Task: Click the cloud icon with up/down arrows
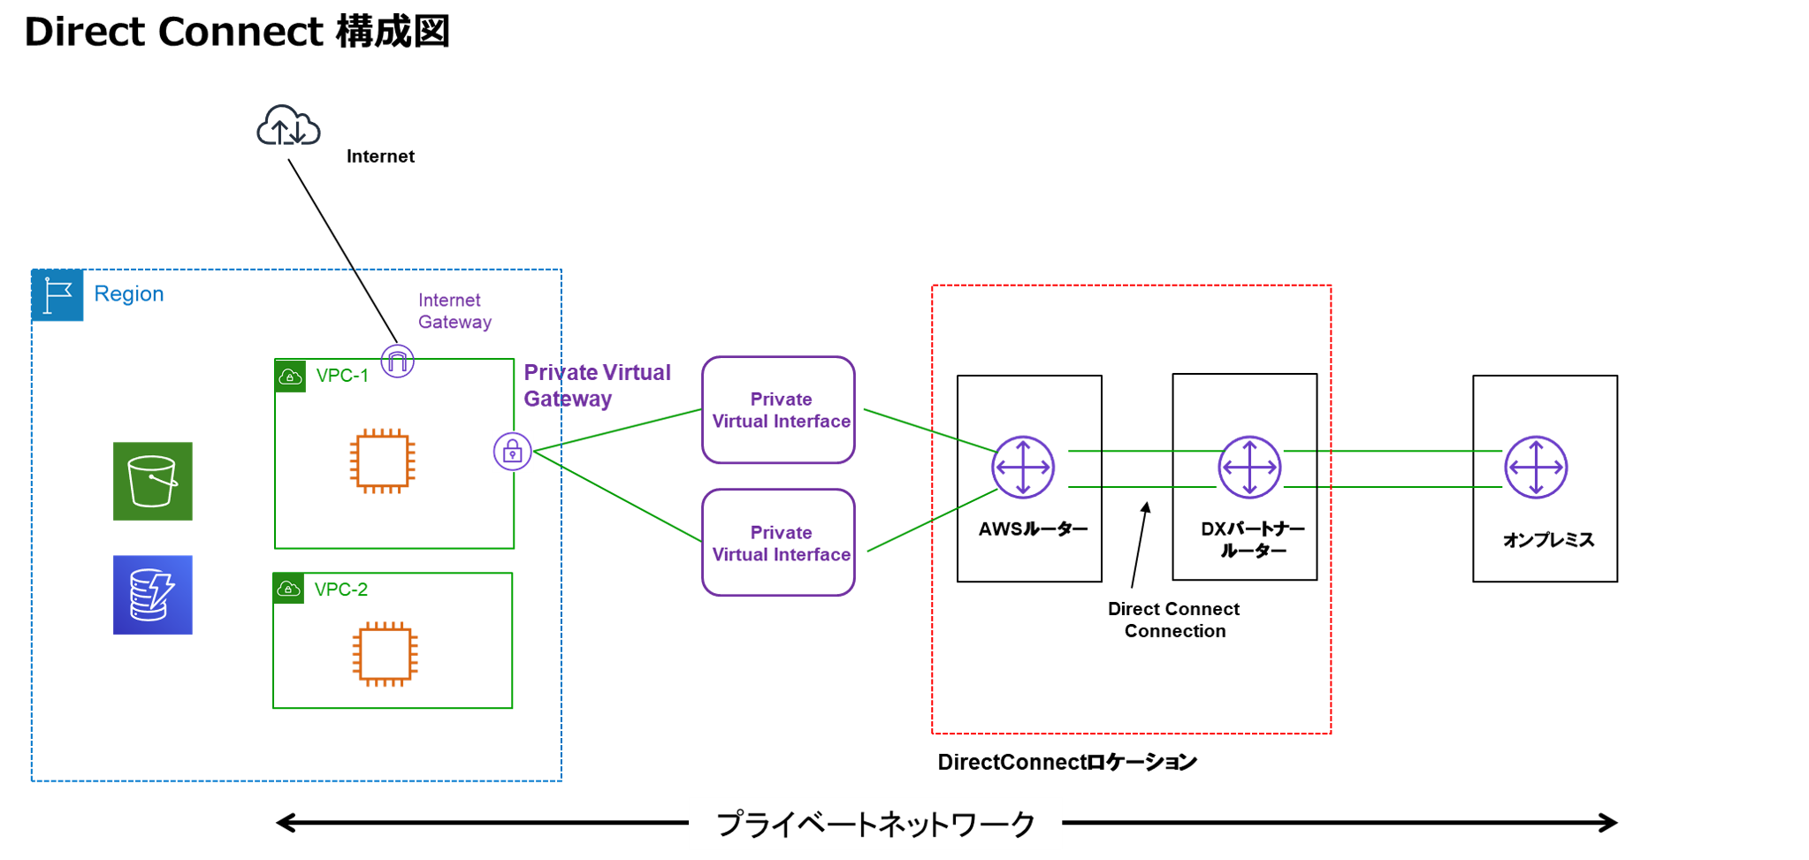tap(288, 126)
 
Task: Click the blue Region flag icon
tap(57, 294)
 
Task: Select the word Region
tap(129, 293)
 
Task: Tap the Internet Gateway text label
tap(454, 311)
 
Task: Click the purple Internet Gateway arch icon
tap(398, 361)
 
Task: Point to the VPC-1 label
tap(341, 376)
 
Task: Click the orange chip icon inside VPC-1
tap(383, 460)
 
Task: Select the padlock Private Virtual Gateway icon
tap(513, 452)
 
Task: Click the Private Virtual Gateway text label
tap(597, 384)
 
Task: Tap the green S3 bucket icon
tap(153, 481)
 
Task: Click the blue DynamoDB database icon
tap(153, 594)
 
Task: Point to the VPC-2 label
tap(340, 590)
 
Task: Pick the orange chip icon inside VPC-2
tap(385, 654)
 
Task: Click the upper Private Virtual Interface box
tap(778, 410)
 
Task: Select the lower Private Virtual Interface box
tap(778, 543)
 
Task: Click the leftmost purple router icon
tap(1023, 467)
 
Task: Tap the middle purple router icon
tap(1249, 467)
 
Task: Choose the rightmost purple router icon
tap(1536, 467)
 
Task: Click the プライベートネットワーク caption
tap(875, 824)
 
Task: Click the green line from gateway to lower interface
tap(619, 497)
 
